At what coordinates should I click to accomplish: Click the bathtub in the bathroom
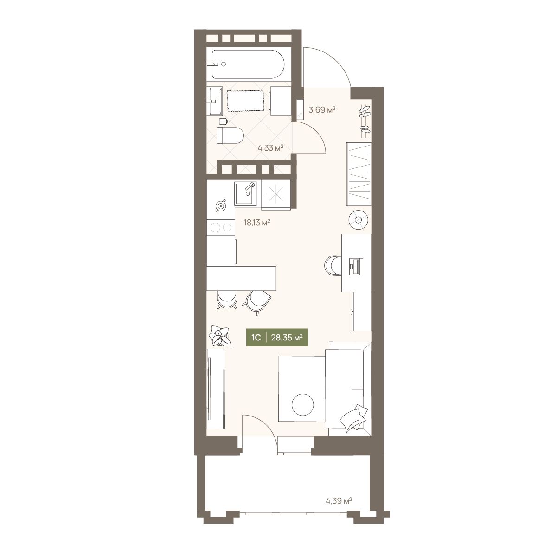247,64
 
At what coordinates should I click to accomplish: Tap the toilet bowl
230,135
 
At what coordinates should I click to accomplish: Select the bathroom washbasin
216,101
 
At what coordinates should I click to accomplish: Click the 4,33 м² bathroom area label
270,148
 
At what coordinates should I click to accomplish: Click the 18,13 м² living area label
256,222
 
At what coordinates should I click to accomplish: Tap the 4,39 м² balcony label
339,500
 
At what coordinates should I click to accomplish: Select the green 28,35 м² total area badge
277,338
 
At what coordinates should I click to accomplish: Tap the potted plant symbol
220,336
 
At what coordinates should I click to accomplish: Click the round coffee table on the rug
302,404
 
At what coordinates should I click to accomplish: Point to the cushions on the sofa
353,418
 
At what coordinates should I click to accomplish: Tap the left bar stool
227,300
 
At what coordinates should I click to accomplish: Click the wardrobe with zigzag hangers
359,174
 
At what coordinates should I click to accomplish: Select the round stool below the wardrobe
358,220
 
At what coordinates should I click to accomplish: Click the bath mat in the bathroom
246,101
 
